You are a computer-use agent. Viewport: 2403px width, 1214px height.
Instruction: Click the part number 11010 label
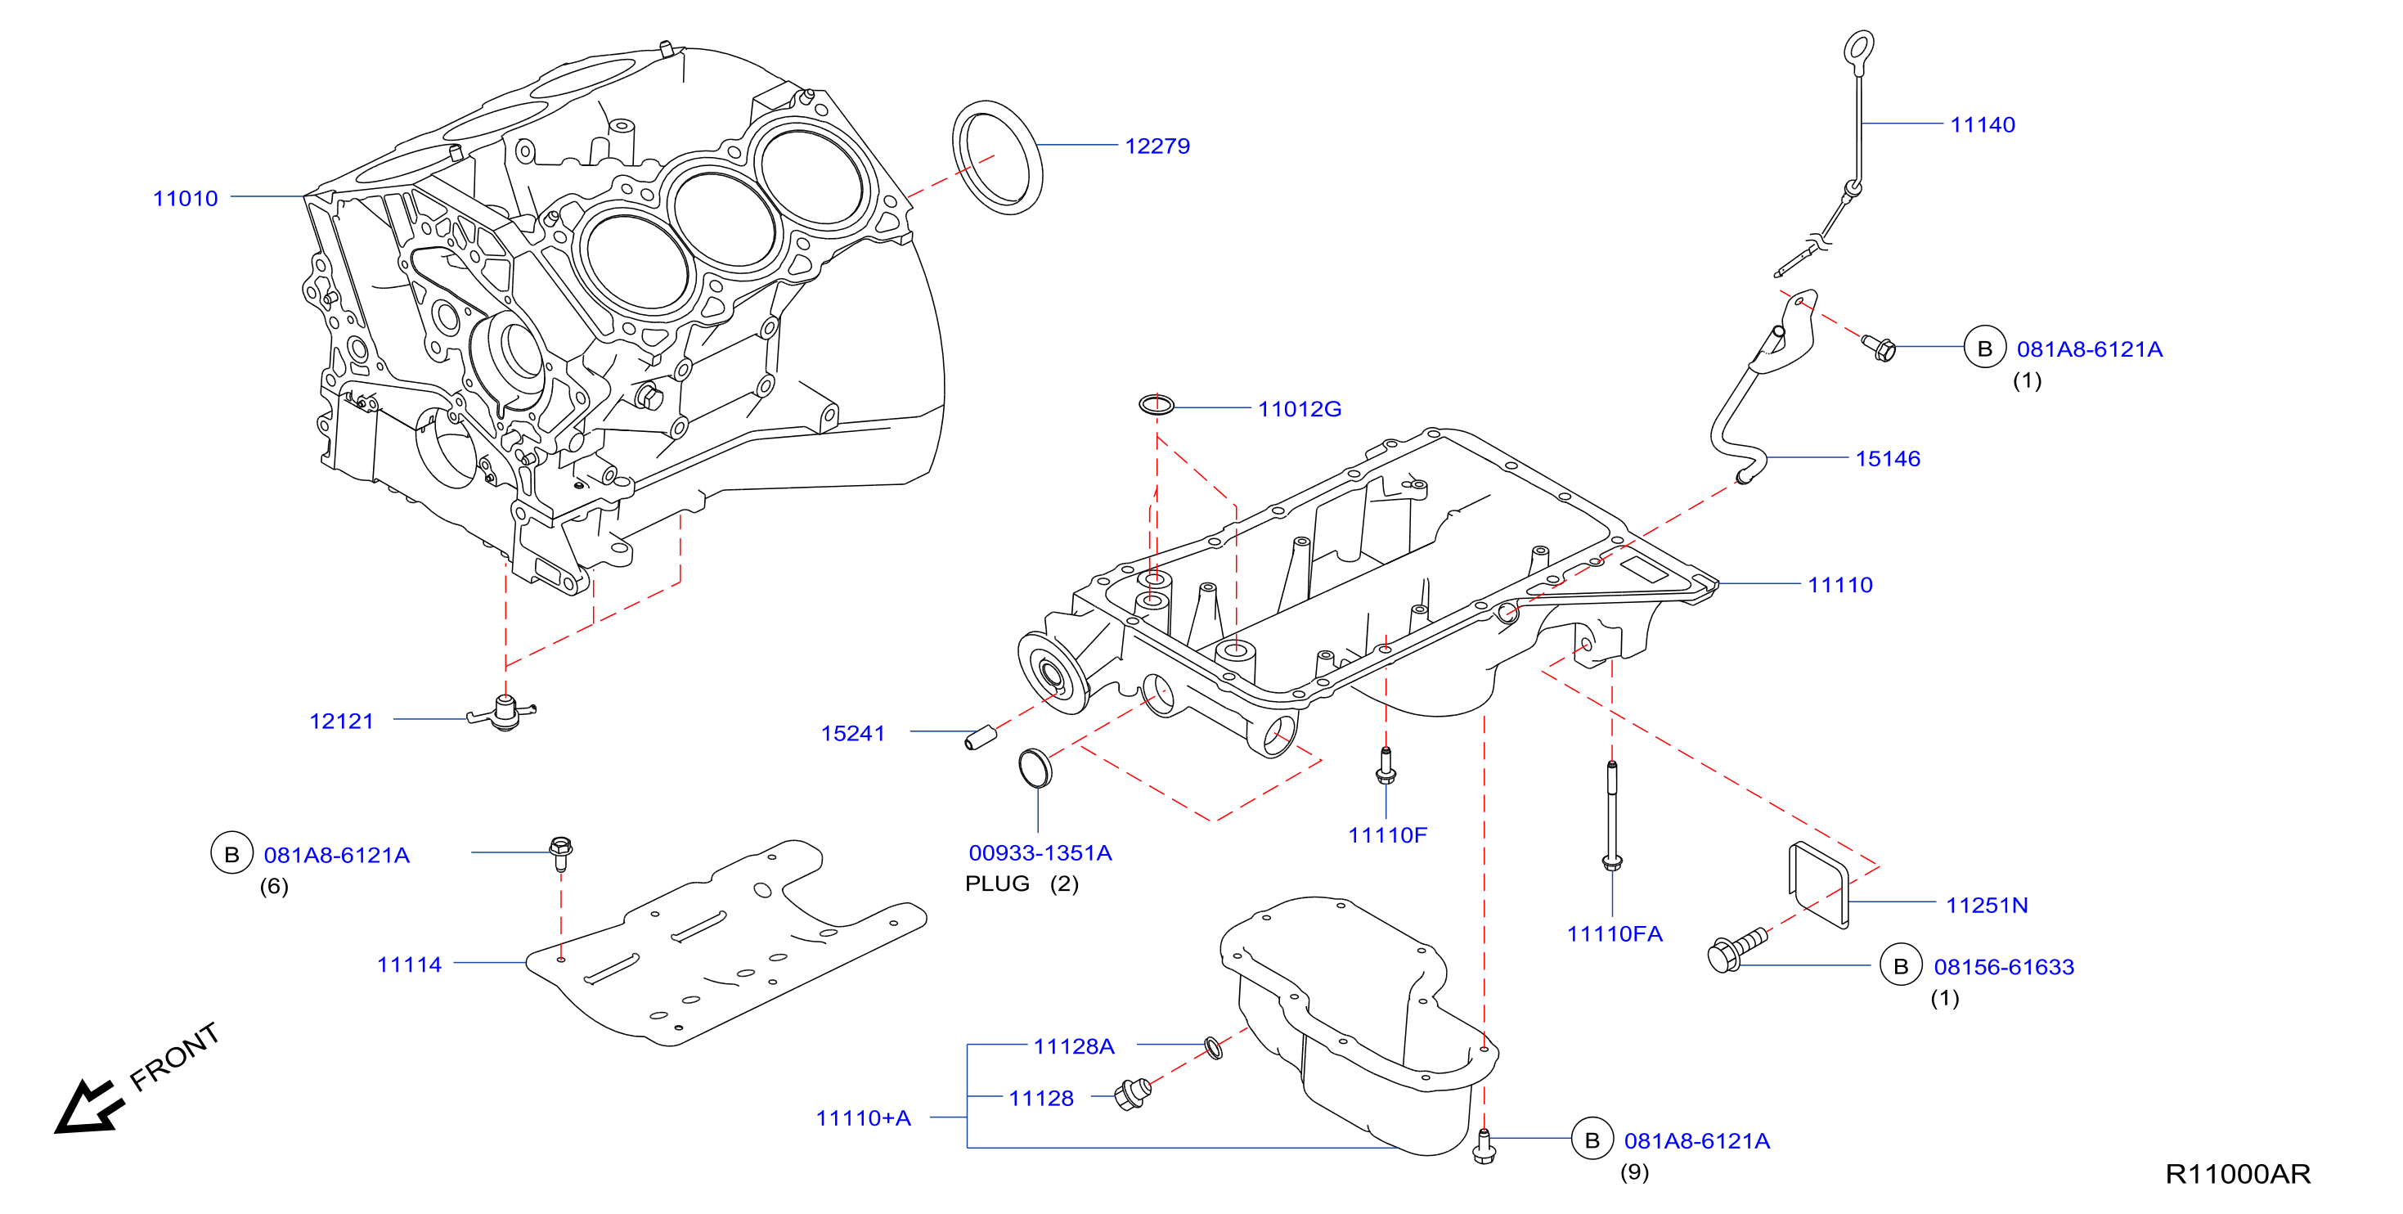[x=185, y=199]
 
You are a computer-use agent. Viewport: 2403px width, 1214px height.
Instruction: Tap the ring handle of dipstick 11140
[x=1858, y=51]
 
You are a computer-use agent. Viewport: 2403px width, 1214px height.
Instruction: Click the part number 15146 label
[x=1887, y=459]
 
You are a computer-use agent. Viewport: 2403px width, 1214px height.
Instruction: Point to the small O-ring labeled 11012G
[x=1156, y=405]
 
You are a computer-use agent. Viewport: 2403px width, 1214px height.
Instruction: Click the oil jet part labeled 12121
[x=503, y=714]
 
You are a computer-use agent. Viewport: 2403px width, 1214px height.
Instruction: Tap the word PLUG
[x=996, y=884]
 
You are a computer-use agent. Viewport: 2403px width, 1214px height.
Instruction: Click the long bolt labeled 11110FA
[x=1612, y=815]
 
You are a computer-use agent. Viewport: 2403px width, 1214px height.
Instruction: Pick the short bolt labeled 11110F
[x=1386, y=765]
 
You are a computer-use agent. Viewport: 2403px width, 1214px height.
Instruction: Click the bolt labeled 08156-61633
[x=1736, y=950]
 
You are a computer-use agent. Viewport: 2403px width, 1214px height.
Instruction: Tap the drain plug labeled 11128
[x=1134, y=1094]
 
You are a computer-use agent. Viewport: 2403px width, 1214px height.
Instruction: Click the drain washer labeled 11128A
[x=1213, y=1047]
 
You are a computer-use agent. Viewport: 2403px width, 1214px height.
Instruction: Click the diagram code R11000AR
[x=2237, y=1174]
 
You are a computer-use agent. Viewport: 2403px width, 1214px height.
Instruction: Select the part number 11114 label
[x=409, y=964]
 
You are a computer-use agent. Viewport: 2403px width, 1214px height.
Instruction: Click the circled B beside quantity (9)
[x=1592, y=1140]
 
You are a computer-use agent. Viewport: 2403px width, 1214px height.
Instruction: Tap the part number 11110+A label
[x=863, y=1118]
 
